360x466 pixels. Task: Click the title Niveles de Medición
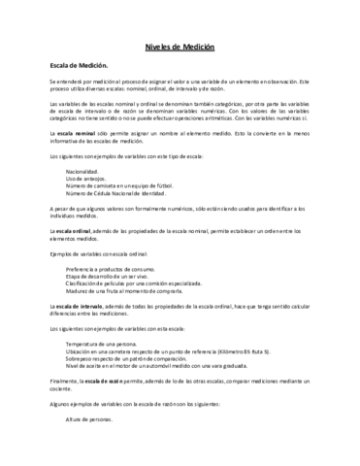[180, 46]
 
